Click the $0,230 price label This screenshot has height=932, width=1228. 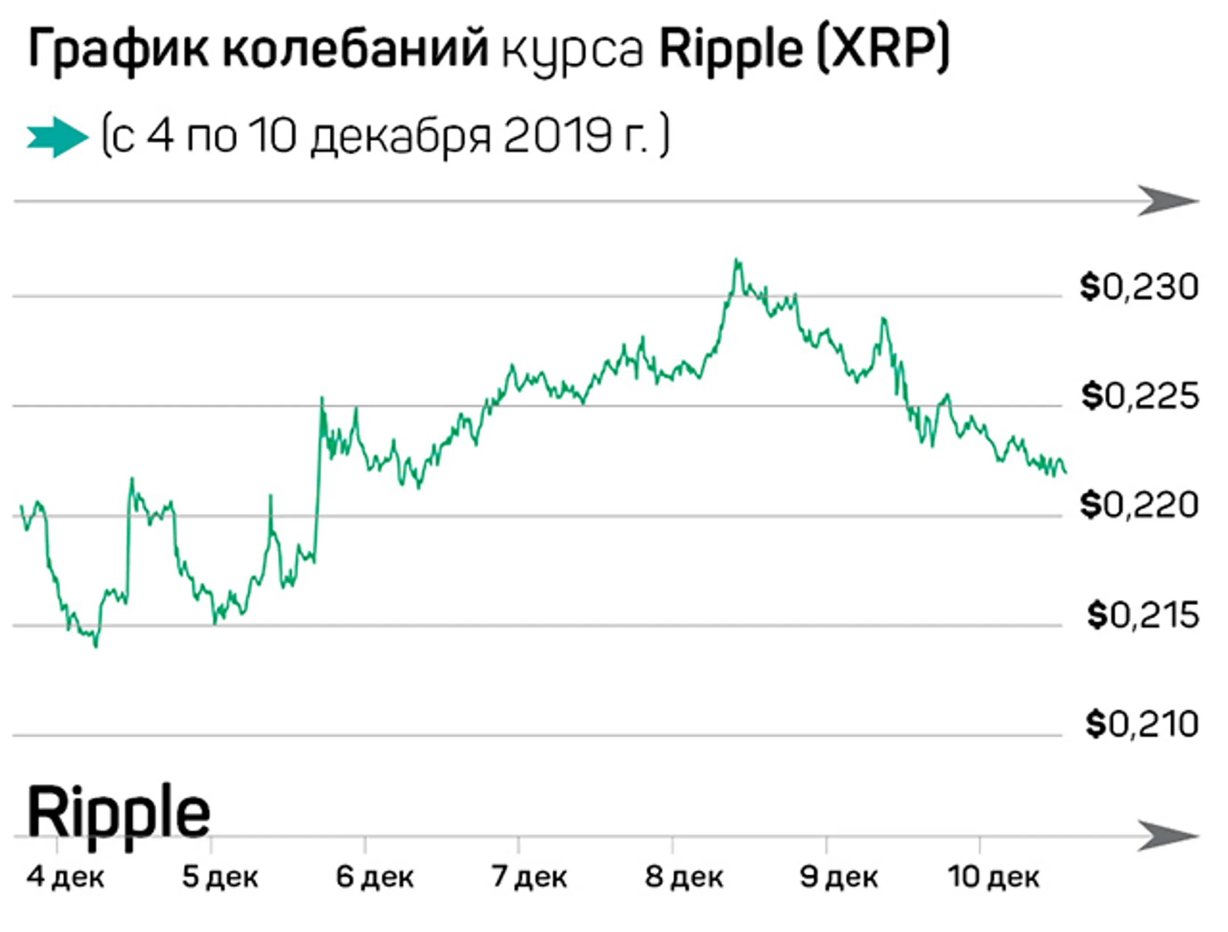pos(1139,287)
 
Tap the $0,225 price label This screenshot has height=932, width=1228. pos(1140,396)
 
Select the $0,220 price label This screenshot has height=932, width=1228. pos(1139,505)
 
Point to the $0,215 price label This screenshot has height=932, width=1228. pos(1143,615)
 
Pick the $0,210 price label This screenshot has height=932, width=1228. pos(1142,724)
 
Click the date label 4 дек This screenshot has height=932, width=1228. pos(65,877)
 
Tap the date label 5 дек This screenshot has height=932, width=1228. pos(220,877)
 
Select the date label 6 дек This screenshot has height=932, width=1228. pos(375,877)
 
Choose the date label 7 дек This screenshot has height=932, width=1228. pos(529,877)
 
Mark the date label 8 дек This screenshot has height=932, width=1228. pos(684,877)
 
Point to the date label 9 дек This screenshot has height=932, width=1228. pos(839,877)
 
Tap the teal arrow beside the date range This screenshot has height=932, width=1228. pos(57,137)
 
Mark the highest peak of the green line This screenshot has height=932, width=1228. pos(737,260)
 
